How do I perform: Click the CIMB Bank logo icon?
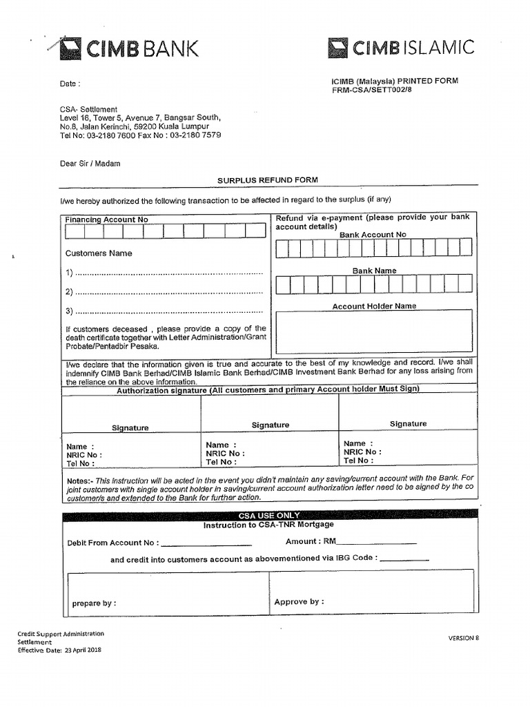coord(70,48)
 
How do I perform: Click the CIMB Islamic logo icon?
coord(337,47)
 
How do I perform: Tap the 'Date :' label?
coord(70,84)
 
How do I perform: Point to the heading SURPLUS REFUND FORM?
coord(268,180)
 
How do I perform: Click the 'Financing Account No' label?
coord(106,220)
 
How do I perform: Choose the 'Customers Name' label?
coord(99,253)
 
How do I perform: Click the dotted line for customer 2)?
coord(168,292)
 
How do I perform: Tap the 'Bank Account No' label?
coord(373,235)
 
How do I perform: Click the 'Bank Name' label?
coord(374,271)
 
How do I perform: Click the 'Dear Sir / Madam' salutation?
coord(90,164)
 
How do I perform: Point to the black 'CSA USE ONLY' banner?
coord(269,515)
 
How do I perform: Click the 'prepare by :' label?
coord(94,603)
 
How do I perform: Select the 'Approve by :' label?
coord(299,602)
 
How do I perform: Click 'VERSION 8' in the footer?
coord(463,638)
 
